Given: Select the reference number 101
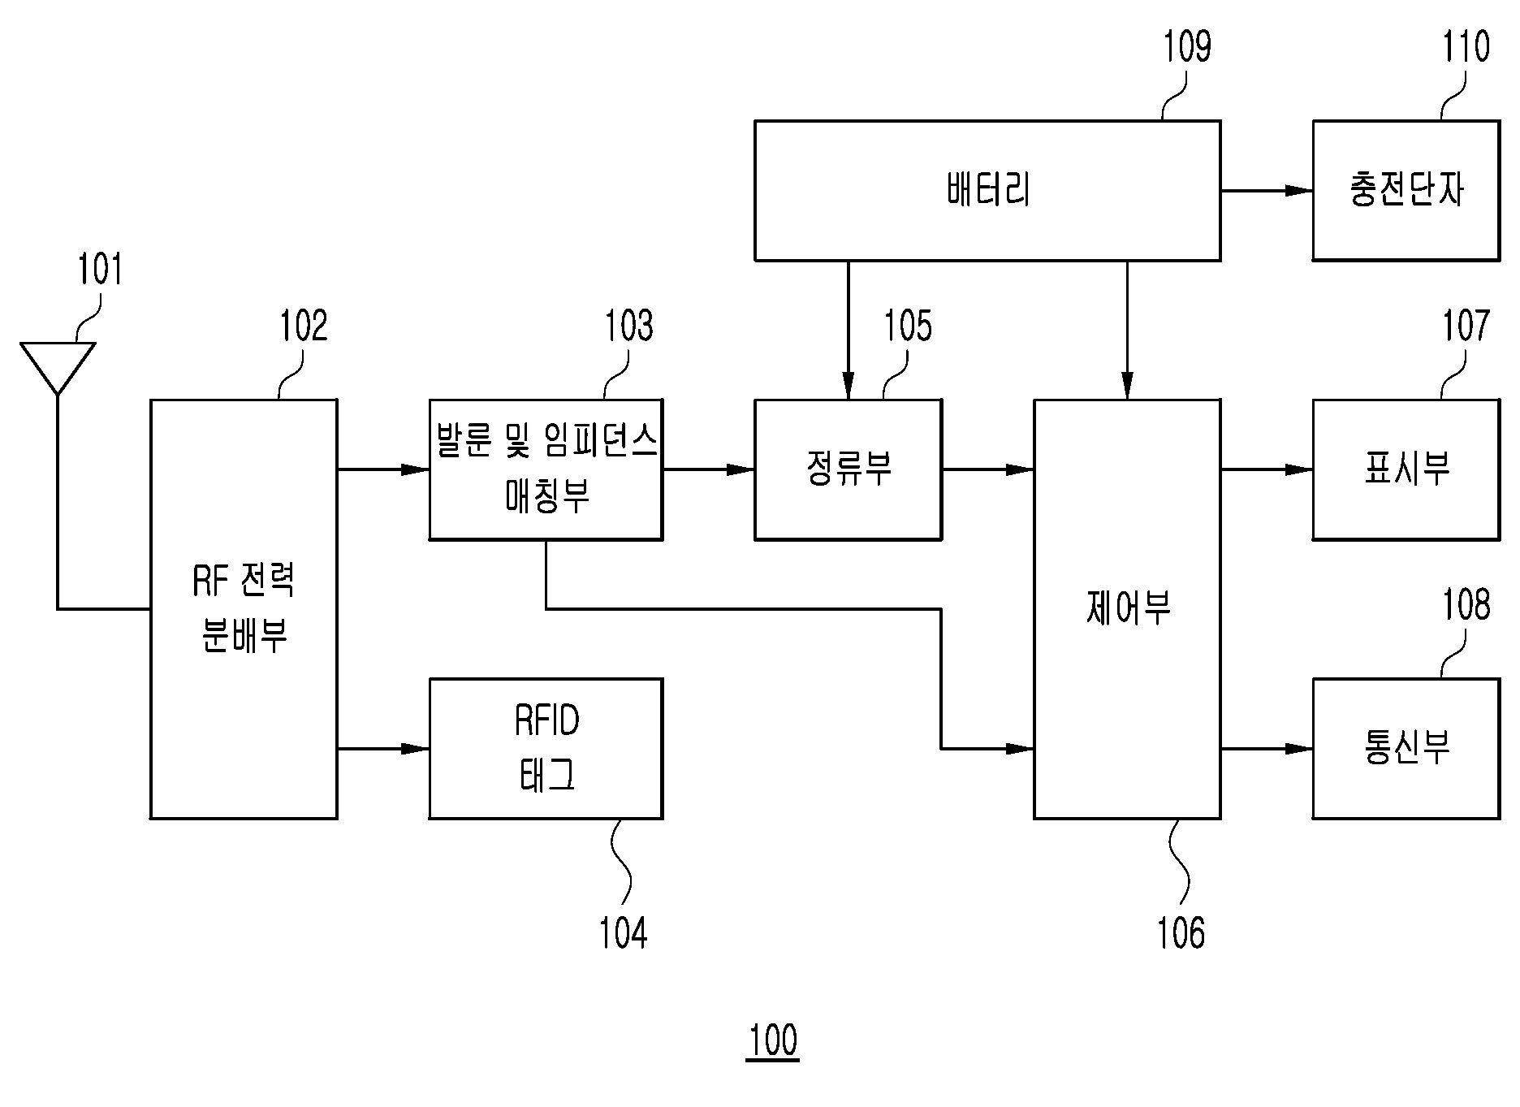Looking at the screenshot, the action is click(100, 270).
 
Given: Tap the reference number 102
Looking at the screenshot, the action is click(304, 326).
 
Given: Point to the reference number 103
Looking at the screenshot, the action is click(628, 326).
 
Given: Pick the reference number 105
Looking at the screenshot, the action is click(908, 326).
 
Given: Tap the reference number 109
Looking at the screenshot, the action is click(1187, 46).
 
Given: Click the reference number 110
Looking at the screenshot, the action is click(1466, 46).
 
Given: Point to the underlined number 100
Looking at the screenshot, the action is click(773, 1040).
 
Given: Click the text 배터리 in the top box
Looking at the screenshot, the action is click(988, 190).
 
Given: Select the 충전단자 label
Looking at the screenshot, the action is click(1406, 190).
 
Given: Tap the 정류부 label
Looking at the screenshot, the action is click(849, 469).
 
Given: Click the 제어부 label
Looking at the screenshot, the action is click(1127, 608).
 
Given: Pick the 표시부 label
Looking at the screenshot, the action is click(1406, 469).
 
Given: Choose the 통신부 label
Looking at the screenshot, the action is click(1406, 747).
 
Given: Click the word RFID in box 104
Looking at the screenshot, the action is click(546, 721).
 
